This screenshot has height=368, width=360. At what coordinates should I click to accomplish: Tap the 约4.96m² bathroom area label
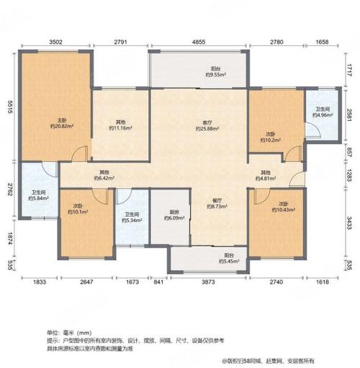323,115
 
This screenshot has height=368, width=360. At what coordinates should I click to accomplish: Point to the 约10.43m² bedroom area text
283,210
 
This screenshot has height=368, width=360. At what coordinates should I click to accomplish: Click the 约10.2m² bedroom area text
269,140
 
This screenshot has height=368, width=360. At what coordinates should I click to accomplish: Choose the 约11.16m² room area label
122,128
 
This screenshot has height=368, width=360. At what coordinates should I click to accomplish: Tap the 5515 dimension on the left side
8,107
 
